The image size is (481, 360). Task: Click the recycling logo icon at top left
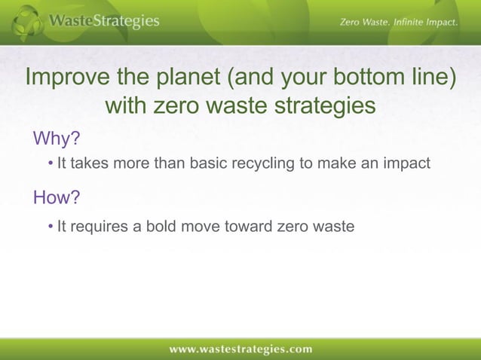tap(28, 22)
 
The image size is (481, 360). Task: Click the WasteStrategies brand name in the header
tap(104, 21)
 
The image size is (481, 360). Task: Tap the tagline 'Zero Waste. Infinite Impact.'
tap(399, 23)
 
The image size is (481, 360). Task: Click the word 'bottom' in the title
tap(359, 79)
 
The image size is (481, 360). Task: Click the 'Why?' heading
tap(57, 139)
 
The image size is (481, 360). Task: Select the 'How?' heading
tap(57, 197)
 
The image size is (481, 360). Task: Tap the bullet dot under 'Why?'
tap(50, 163)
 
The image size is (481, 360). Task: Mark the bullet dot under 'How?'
tap(50, 225)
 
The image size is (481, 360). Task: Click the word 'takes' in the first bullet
tap(90, 163)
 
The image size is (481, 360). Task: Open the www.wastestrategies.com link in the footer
tap(240, 349)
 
